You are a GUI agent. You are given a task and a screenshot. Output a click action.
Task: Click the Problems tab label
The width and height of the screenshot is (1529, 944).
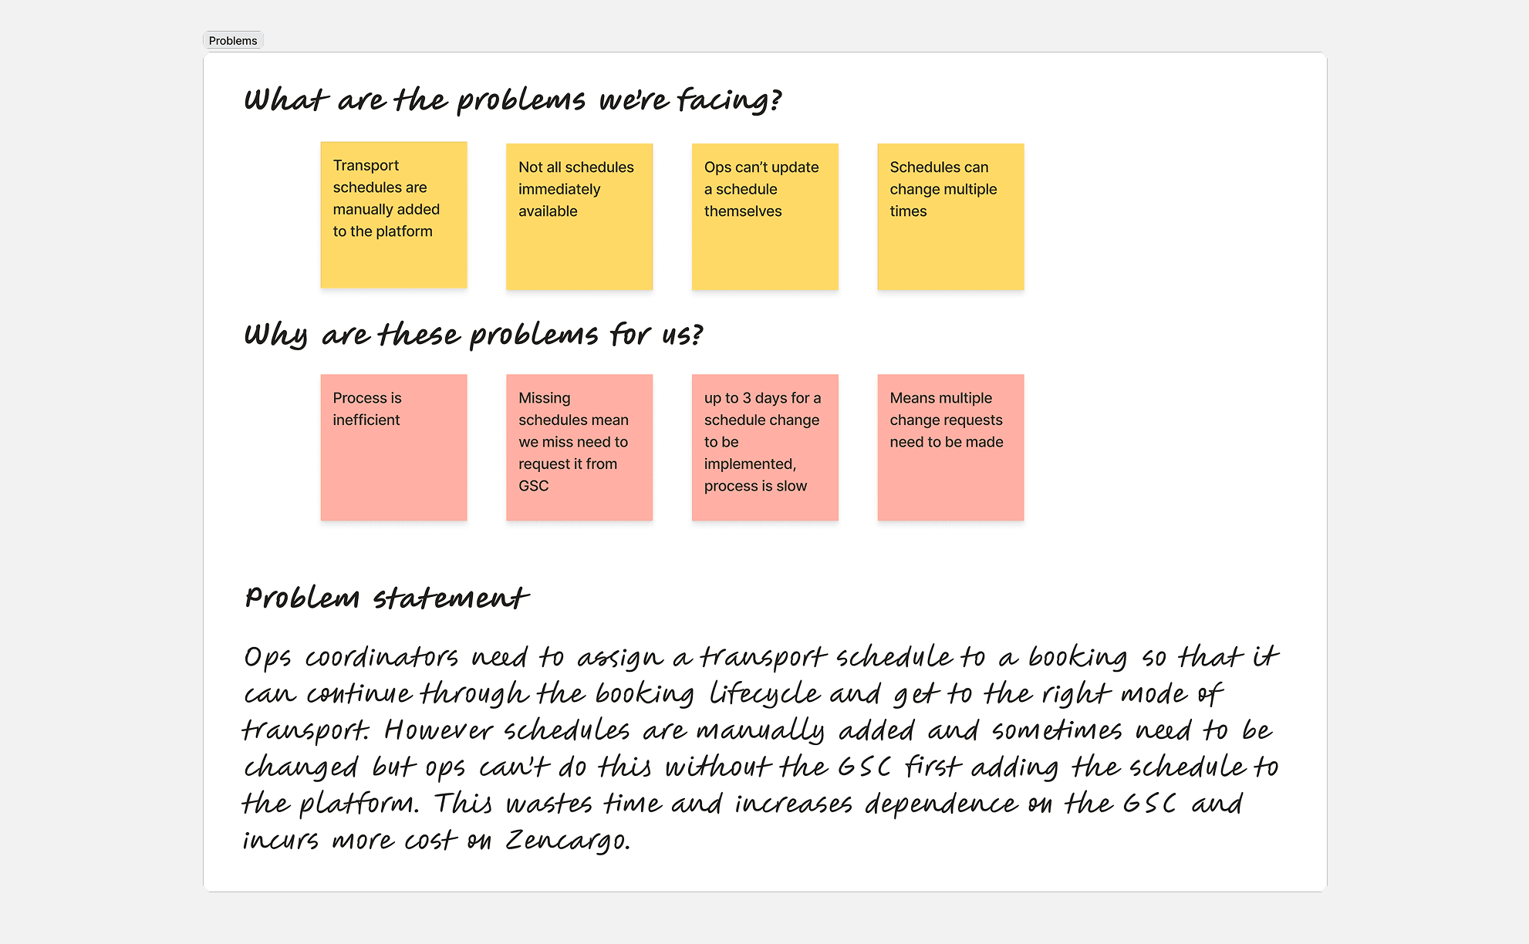coord(232,41)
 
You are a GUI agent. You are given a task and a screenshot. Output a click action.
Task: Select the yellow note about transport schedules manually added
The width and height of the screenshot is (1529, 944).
coord(393,215)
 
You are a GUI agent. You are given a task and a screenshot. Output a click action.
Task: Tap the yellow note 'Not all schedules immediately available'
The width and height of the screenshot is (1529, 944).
coord(579,217)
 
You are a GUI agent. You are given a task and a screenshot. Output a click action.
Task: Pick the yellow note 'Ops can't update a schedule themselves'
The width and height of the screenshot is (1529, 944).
coord(764,217)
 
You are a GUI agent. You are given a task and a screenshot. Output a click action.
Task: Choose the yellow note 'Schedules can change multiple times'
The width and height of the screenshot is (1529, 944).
coord(950,217)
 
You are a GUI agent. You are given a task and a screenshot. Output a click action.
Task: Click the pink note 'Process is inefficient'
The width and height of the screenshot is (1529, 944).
coord(393,447)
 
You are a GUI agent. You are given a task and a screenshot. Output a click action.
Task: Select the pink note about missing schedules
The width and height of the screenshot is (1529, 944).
coord(579,447)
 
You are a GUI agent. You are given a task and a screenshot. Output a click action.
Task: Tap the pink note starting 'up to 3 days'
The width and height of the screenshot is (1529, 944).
coord(764,447)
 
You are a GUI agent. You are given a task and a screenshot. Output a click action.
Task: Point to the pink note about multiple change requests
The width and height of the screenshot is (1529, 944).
coord(950,447)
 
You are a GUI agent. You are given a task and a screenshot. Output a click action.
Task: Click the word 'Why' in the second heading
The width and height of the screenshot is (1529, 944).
coord(275,335)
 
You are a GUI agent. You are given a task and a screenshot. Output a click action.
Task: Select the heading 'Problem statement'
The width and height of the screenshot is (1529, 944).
coord(386,598)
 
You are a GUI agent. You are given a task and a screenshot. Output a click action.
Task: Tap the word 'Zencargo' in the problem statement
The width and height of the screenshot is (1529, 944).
coord(566,840)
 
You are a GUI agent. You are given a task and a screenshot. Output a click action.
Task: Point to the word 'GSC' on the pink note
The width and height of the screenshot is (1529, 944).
coord(533,486)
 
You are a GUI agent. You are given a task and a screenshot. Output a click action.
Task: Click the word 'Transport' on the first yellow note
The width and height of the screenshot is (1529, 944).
coord(366,166)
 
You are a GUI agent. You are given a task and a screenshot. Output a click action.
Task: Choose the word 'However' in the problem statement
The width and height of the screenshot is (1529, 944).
coord(438,730)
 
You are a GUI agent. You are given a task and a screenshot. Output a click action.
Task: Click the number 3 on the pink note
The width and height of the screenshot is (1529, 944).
coord(747,398)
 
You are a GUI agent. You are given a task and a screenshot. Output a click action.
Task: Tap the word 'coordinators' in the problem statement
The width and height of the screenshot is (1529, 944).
coord(381,657)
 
